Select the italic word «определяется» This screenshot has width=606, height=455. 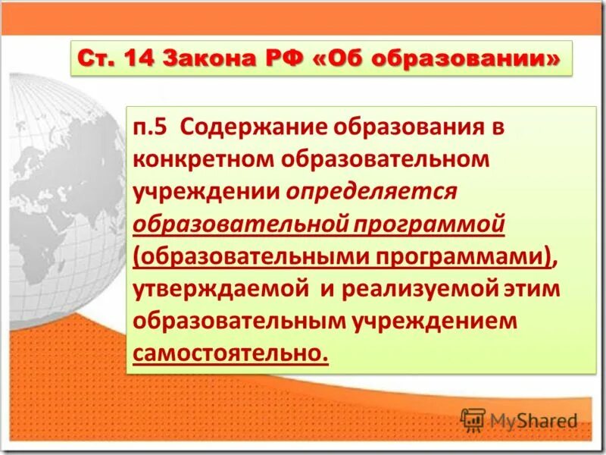(x=371, y=191)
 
